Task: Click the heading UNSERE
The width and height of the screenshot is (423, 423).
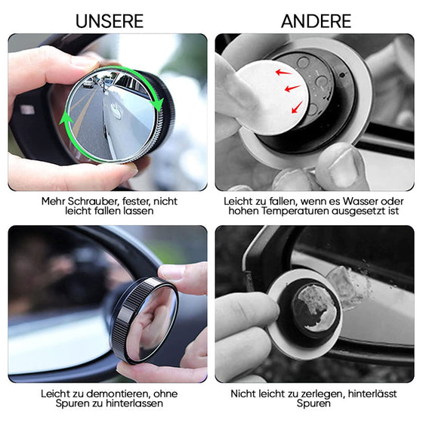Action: (x=109, y=20)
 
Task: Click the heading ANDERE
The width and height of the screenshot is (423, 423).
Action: (x=316, y=20)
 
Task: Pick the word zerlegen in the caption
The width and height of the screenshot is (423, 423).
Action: (x=318, y=394)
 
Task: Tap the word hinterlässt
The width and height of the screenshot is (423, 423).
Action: (x=366, y=394)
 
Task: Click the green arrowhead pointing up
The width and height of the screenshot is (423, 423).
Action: (x=66, y=119)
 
